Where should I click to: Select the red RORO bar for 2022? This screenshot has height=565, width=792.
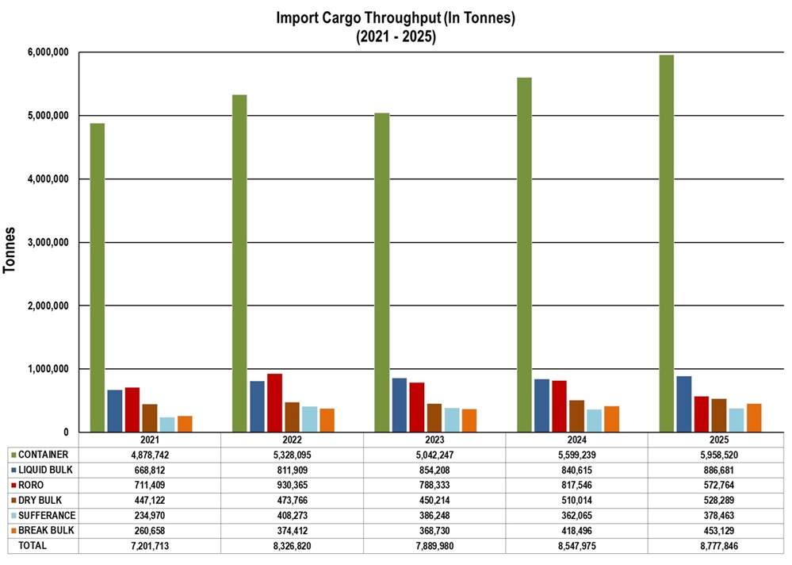click(274, 403)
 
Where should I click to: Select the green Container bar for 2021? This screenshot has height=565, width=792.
click(97, 278)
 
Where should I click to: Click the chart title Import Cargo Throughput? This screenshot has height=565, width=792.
click(396, 18)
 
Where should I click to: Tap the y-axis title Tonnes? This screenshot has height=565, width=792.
click(10, 249)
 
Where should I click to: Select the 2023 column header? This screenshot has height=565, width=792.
click(434, 440)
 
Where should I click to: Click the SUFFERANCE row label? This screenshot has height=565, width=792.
click(48, 516)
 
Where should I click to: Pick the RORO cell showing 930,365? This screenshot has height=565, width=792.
click(292, 485)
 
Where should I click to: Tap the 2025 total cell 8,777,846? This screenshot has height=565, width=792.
click(718, 546)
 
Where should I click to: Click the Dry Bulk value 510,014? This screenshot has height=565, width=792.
click(576, 501)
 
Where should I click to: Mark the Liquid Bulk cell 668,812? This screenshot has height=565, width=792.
click(150, 470)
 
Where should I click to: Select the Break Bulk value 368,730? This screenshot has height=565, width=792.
click(434, 531)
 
